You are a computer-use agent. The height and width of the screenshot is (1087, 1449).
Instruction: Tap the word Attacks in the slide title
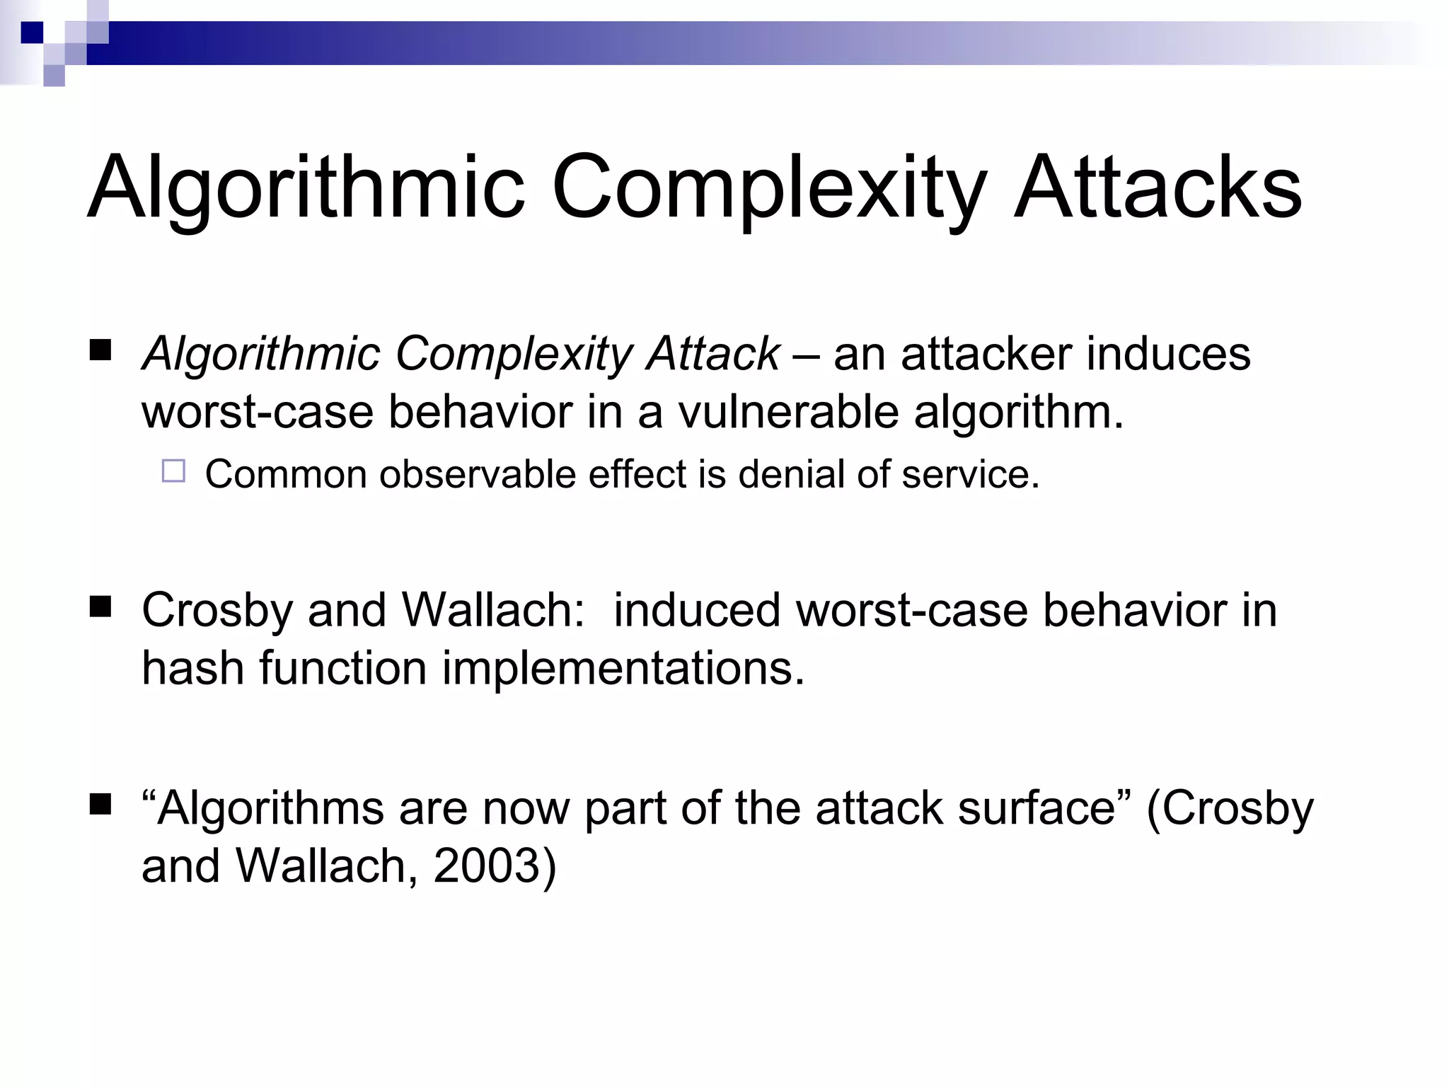click(1158, 188)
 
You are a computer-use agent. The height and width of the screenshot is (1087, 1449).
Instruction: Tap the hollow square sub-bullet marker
click(173, 471)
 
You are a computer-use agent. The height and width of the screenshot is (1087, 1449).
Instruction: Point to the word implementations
click(623, 669)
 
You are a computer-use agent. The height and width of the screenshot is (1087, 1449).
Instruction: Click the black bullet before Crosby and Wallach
click(101, 607)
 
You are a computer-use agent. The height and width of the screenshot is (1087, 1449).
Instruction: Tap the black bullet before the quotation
click(101, 805)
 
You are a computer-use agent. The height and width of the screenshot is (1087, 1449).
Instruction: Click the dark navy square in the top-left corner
click(32, 33)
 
